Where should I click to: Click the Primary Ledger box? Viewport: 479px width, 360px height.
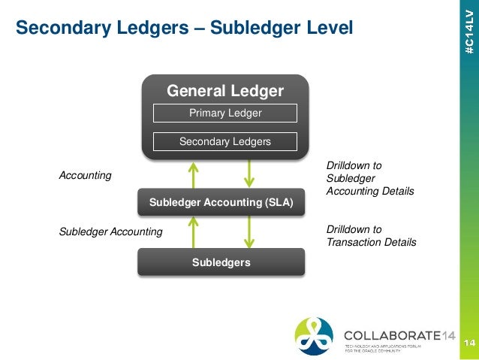click(x=225, y=113)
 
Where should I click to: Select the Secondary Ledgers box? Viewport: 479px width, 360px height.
click(x=225, y=141)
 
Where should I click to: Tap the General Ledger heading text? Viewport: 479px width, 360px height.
click(x=225, y=92)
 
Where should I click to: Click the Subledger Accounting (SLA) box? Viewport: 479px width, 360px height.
click(x=221, y=202)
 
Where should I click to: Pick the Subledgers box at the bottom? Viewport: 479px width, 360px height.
click(x=221, y=262)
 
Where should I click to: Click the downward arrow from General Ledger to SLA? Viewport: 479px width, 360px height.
click(x=249, y=174)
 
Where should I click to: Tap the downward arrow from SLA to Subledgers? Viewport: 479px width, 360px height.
click(x=249, y=231)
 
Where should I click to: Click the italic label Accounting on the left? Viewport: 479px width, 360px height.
click(x=85, y=175)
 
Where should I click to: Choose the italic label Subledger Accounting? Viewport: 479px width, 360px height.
click(x=110, y=231)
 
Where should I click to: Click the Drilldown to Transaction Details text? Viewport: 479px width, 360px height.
click(x=371, y=235)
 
